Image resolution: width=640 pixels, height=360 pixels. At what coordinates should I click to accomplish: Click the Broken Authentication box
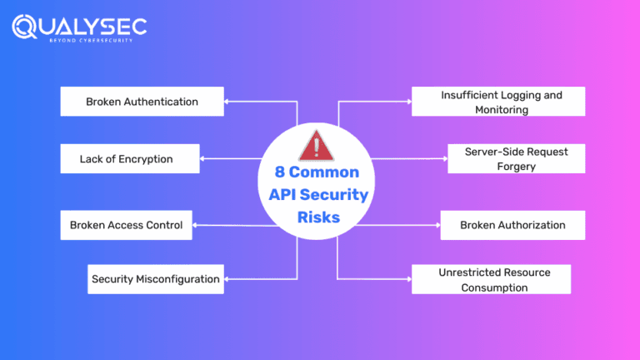coord(142,102)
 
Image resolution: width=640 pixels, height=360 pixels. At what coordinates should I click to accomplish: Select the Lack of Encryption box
coord(130,158)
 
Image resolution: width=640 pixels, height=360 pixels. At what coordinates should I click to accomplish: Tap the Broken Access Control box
coord(127,225)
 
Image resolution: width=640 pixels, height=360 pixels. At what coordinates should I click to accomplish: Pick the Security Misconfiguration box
coord(156,279)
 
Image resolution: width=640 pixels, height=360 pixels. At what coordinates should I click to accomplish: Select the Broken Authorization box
coord(512,225)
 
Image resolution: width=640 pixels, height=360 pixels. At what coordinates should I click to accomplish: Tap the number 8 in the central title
coord(280,172)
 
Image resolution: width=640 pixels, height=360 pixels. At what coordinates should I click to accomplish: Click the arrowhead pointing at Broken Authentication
coord(227,102)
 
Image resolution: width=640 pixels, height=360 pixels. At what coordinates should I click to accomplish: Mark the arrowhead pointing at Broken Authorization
coord(437,225)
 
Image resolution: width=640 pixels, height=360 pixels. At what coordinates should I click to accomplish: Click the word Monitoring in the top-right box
coord(502,109)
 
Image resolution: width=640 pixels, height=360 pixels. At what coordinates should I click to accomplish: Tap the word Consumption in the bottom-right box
coord(495,287)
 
